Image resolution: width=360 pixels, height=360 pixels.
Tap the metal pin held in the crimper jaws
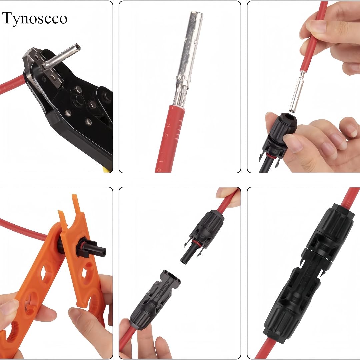[63, 55]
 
